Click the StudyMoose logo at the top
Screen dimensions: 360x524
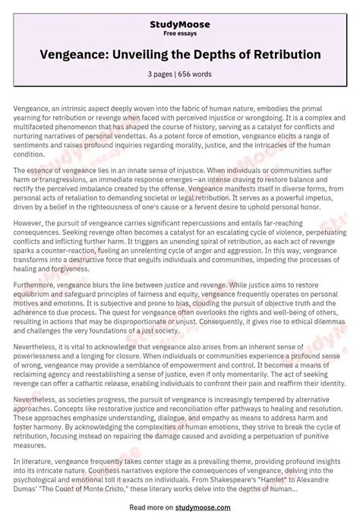(180, 25)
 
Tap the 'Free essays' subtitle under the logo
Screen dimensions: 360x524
(180, 35)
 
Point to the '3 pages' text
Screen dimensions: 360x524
(163, 74)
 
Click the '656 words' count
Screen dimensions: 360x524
(196, 74)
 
